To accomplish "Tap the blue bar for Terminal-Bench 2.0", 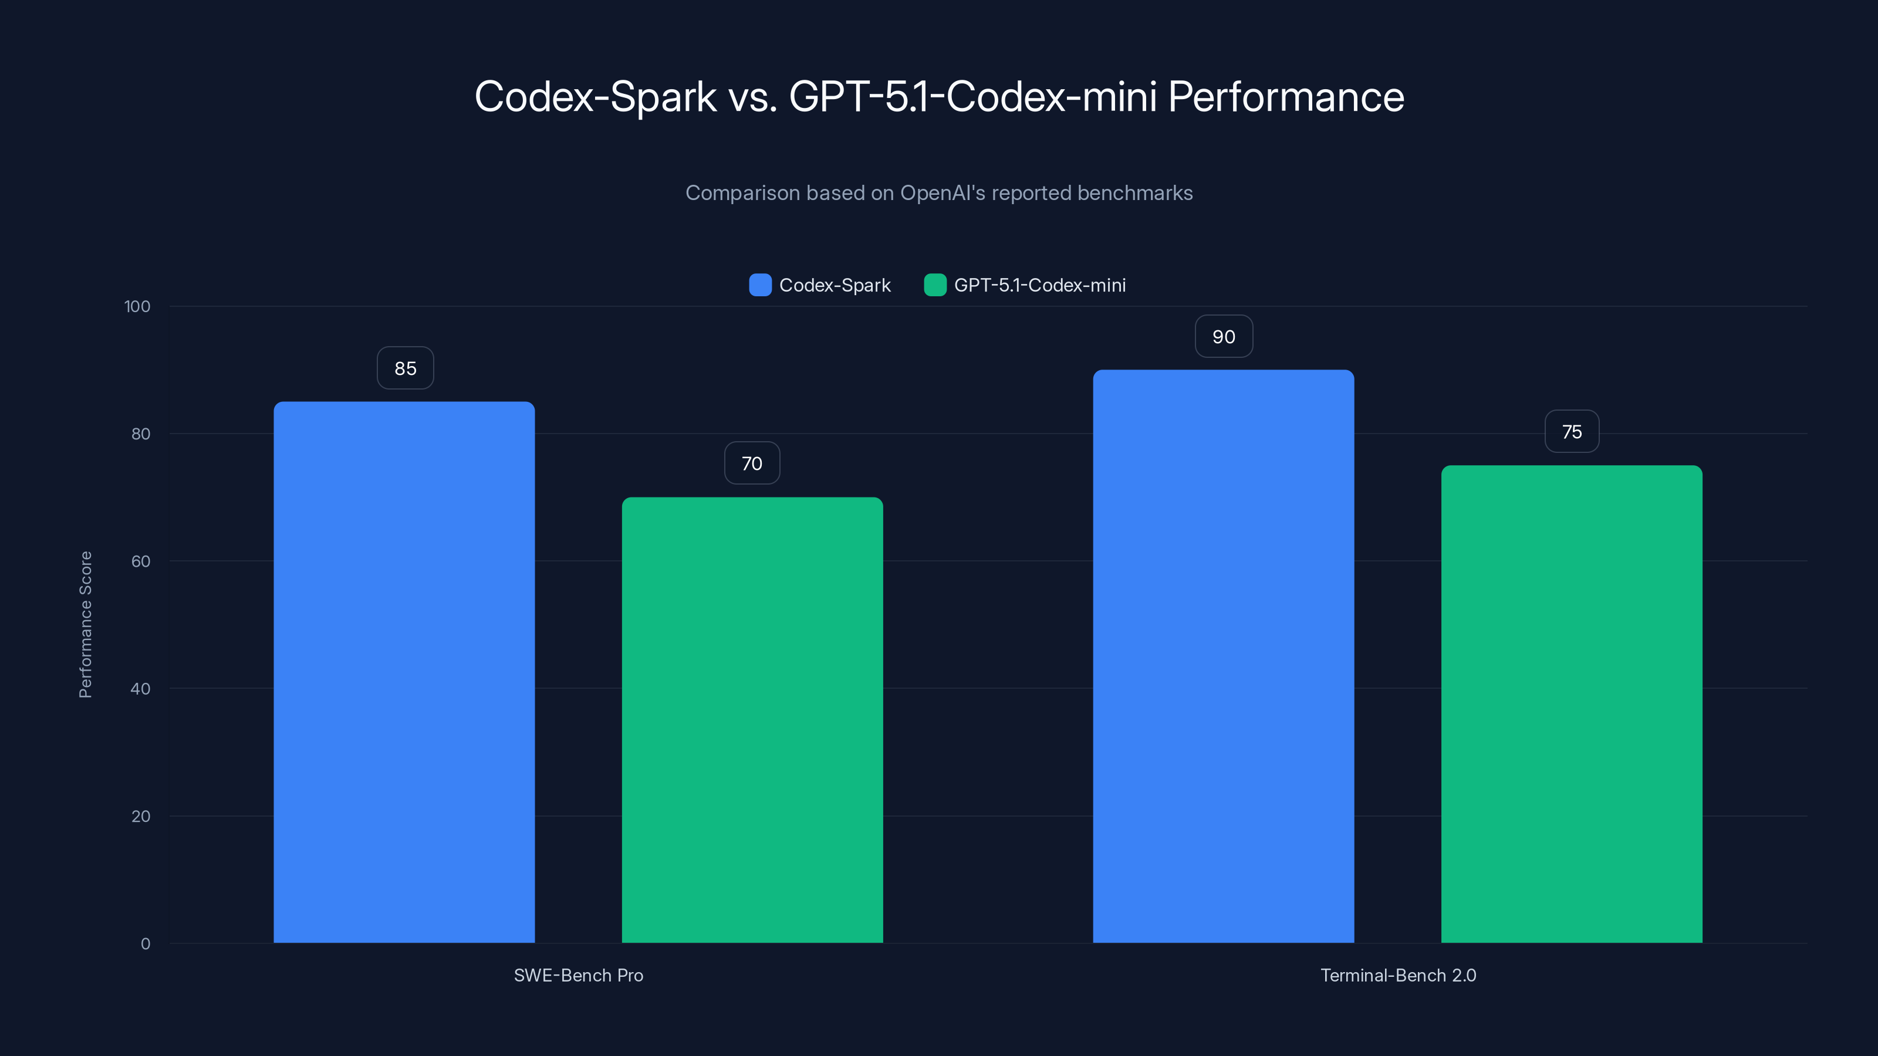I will click(x=1223, y=656).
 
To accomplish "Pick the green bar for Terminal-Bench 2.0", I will click(x=1571, y=704).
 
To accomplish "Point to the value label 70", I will click(x=752, y=463).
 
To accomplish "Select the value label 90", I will click(x=1223, y=337).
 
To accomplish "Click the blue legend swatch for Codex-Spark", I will click(x=759, y=285).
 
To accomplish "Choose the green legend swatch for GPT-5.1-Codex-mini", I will click(x=935, y=285).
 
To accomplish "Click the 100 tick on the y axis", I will click(x=137, y=307).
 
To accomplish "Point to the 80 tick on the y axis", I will click(x=141, y=434).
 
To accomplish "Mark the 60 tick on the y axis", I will click(x=141, y=561).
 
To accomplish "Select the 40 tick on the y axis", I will click(x=141, y=689).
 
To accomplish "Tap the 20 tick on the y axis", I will click(x=141, y=816).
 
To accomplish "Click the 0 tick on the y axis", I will click(x=145, y=944).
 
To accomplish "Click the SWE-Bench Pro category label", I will click(x=578, y=975).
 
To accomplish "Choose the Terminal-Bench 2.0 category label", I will click(x=1397, y=975).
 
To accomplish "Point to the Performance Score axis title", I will click(x=85, y=625).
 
